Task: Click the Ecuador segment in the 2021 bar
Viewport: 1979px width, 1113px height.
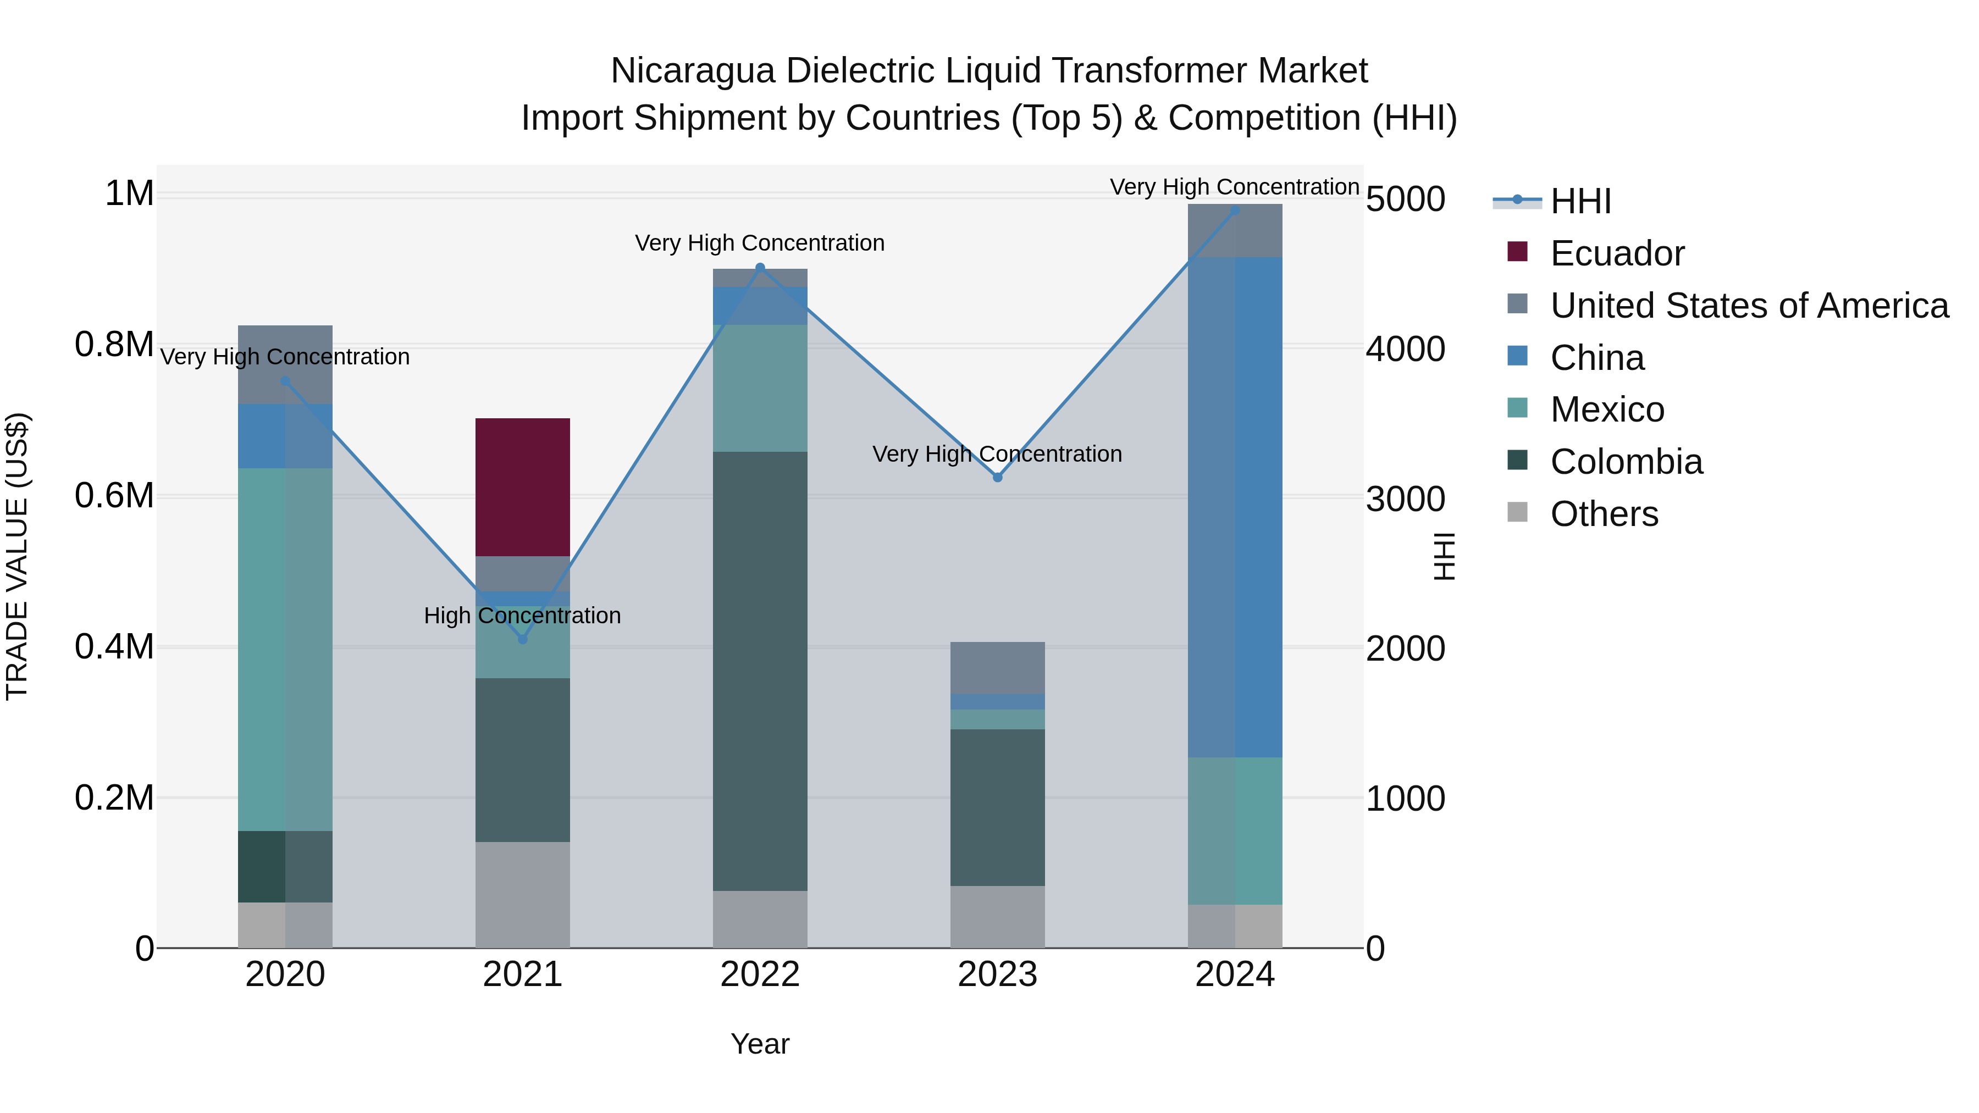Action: pos(522,486)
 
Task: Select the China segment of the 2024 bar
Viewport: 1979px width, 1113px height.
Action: pos(1235,507)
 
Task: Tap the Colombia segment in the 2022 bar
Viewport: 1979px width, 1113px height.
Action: pos(760,671)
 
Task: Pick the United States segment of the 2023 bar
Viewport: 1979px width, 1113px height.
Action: pos(997,667)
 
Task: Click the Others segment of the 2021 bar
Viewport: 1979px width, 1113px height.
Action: pos(522,894)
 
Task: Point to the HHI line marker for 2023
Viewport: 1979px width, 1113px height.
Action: pos(997,477)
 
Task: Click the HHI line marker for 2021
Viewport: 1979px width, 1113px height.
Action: pos(522,639)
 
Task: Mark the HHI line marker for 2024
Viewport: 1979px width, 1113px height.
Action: pos(1235,211)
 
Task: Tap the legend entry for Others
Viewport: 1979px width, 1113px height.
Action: pos(1604,514)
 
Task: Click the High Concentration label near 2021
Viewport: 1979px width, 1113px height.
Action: pos(522,615)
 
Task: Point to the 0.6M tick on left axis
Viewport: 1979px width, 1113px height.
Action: pos(114,495)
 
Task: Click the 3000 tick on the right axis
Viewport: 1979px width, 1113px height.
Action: pos(1405,499)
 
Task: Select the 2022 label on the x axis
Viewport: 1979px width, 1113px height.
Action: pos(760,974)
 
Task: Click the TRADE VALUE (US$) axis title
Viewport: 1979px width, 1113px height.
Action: pos(17,556)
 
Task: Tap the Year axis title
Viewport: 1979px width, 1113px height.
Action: pos(760,1044)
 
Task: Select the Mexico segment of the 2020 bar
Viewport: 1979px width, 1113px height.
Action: pos(285,649)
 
